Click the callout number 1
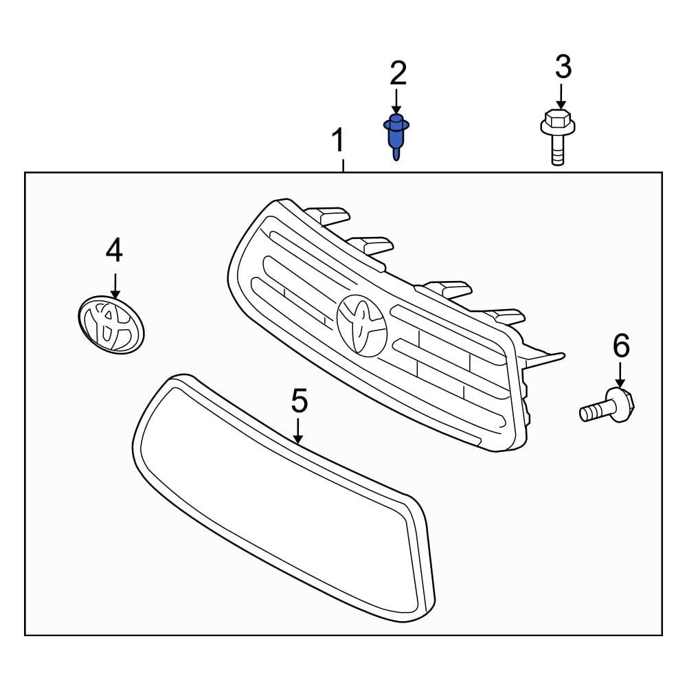[338, 142]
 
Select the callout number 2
[398, 74]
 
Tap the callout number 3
[563, 67]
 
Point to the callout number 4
[114, 251]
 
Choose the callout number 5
[299, 401]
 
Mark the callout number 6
[621, 346]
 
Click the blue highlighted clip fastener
[395, 135]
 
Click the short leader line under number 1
[343, 165]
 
